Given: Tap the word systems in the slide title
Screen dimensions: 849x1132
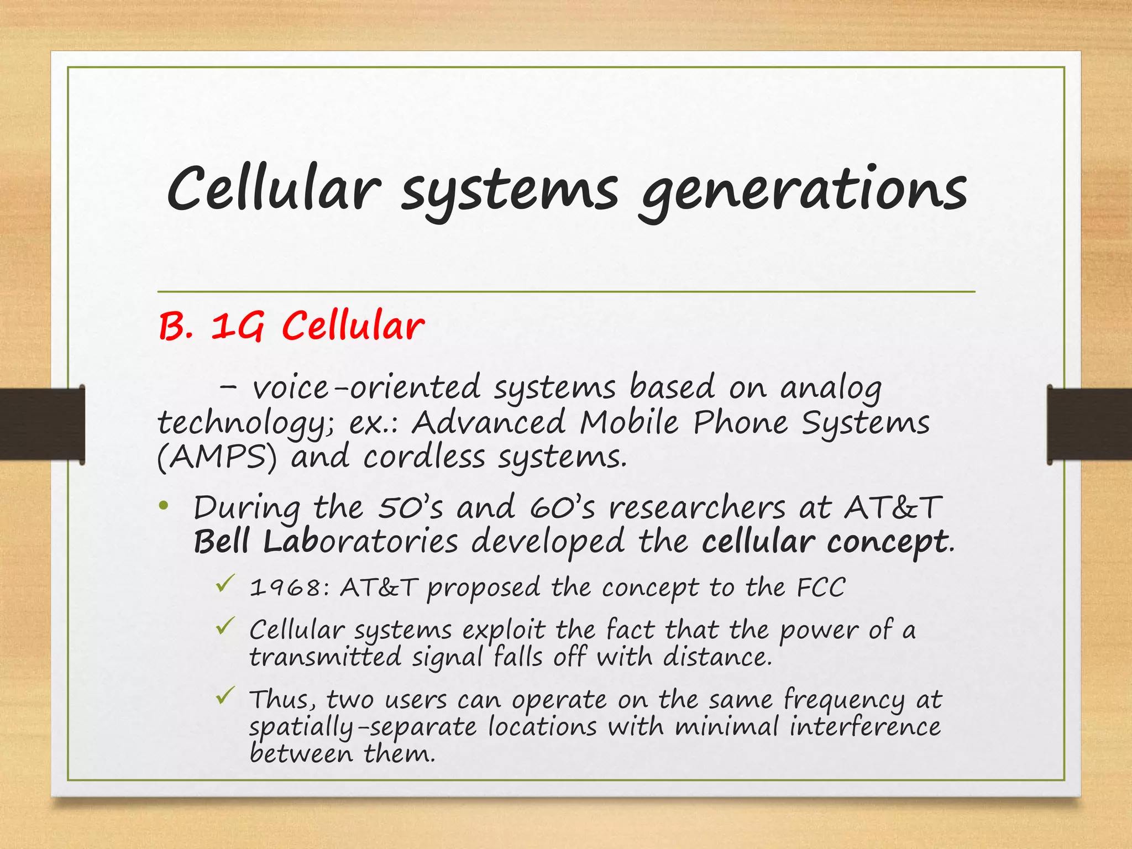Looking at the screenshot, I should point(509,191).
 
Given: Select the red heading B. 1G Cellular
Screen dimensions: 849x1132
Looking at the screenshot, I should point(291,326).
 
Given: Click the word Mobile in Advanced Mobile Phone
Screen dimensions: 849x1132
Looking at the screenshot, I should point(628,423).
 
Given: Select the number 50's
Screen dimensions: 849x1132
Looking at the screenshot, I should point(410,507).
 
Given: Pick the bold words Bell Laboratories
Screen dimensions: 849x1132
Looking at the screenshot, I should point(326,542).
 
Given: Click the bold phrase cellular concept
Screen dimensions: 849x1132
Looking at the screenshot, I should point(825,542).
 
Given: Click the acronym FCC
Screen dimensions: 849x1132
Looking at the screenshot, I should point(820,587).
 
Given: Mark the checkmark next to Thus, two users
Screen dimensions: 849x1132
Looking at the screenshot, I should point(225,695).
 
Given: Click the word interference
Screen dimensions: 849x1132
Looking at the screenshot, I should point(864,726).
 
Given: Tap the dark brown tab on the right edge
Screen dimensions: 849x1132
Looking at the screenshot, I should point(1089,424).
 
